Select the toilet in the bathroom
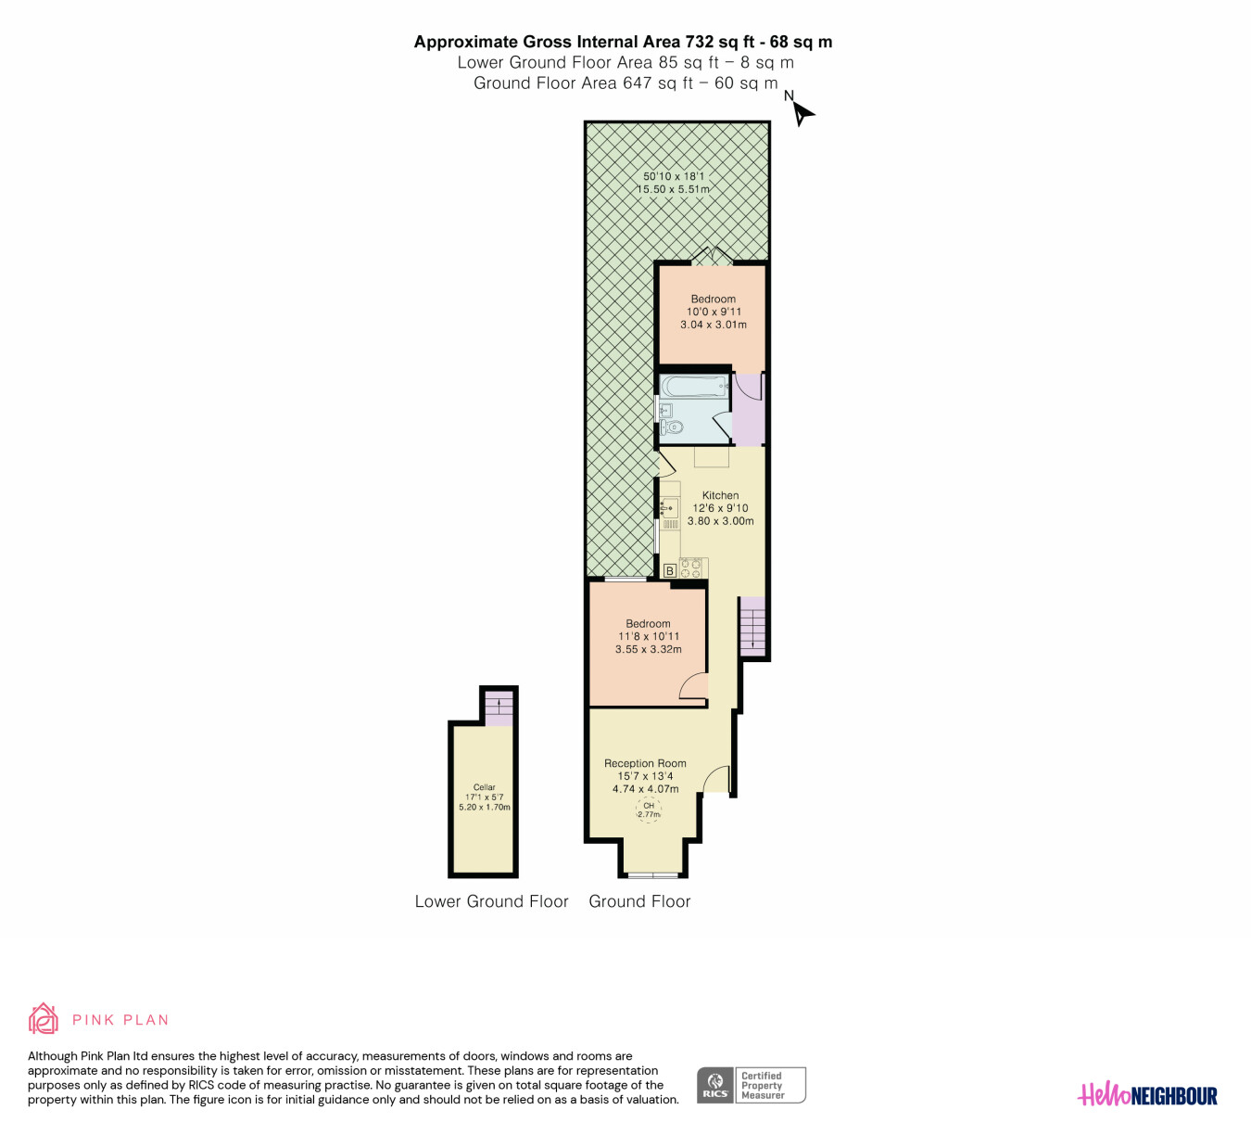(x=671, y=427)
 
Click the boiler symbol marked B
(x=670, y=570)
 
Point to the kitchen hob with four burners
(x=691, y=568)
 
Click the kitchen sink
(x=670, y=508)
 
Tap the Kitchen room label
(x=720, y=495)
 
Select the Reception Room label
(x=645, y=763)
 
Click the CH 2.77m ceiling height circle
(x=649, y=810)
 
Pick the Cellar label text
(x=484, y=787)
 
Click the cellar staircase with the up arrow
(x=499, y=708)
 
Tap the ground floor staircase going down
(x=752, y=626)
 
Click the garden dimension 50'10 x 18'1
(x=674, y=176)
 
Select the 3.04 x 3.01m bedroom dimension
(x=714, y=325)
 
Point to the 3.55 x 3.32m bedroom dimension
(x=648, y=649)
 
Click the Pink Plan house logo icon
(x=43, y=1019)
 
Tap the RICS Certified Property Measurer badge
(x=751, y=1085)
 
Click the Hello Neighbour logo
(x=1147, y=1095)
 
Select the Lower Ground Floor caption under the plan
(x=491, y=901)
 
